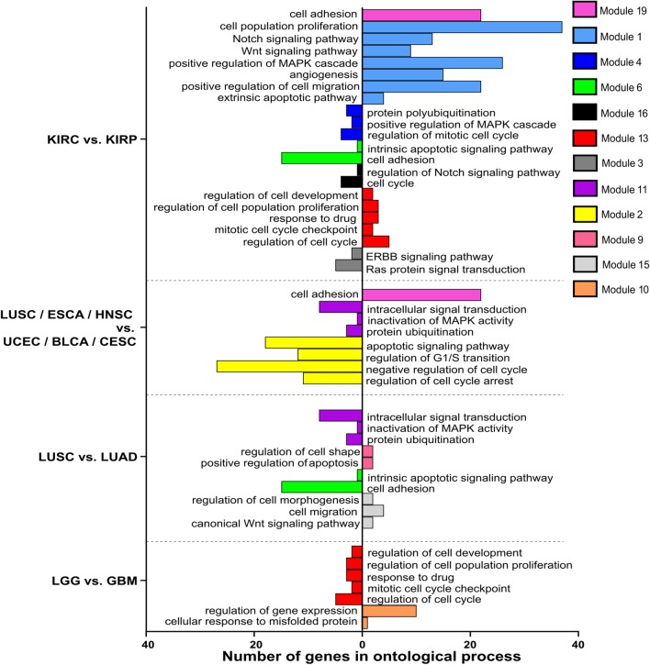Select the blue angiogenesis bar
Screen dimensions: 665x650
(x=402, y=74)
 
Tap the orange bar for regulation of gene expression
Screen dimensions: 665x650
(x=389, y=610)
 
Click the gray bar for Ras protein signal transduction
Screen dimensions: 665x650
(x=349, y=265)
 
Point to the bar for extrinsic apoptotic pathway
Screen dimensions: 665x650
(x=373, y=98)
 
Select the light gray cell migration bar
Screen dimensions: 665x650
(x=373, y=511)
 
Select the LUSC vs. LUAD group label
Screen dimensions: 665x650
(x=78, y=456)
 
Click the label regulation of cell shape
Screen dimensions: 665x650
(x=299, y=451)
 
